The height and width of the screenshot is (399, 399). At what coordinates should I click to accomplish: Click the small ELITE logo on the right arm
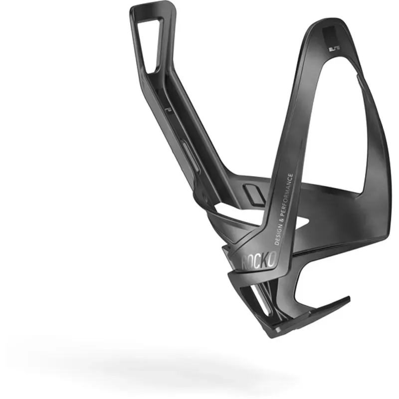(332, 50)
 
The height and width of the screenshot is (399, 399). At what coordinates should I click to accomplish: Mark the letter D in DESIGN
(277, 241)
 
